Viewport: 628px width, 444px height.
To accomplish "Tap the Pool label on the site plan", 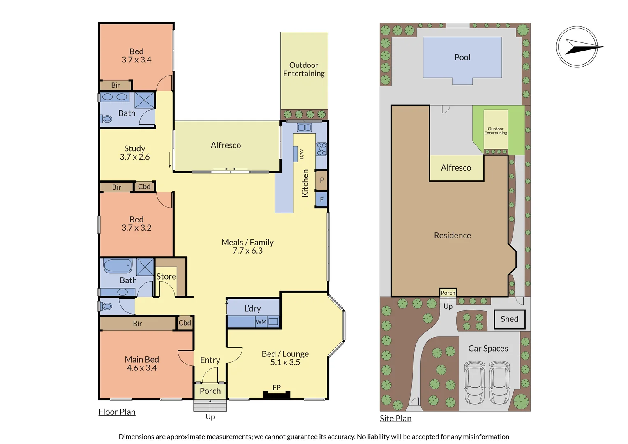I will (462, 58).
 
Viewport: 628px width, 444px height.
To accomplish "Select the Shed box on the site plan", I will (509, 319).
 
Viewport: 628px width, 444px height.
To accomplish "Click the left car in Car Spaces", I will (475, 383).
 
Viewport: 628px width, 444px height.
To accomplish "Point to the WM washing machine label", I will (261, 322).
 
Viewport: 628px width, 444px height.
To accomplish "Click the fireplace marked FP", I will (277, 394).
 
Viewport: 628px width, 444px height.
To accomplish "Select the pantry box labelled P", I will (321, 180).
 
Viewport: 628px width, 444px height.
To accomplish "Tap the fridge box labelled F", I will (321, 200).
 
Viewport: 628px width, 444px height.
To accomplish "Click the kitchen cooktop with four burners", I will (321, 149).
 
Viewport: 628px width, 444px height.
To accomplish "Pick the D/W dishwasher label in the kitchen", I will (301, 154).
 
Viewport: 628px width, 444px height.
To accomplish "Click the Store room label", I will (166, 277).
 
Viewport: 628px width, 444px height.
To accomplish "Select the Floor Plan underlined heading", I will (117, 412).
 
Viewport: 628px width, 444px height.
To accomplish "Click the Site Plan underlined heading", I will (395, 419).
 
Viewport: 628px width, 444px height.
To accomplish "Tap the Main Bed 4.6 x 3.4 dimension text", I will (142, 368).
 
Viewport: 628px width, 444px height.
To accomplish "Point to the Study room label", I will (134, 148).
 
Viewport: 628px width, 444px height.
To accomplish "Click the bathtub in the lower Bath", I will (118, 266).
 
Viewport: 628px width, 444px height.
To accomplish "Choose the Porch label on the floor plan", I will (210, 391).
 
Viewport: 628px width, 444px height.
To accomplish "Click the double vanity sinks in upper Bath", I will (115, 97).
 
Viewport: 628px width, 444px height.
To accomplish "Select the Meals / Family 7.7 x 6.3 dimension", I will (247, 251).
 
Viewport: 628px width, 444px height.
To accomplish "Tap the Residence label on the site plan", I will (453, 236).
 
